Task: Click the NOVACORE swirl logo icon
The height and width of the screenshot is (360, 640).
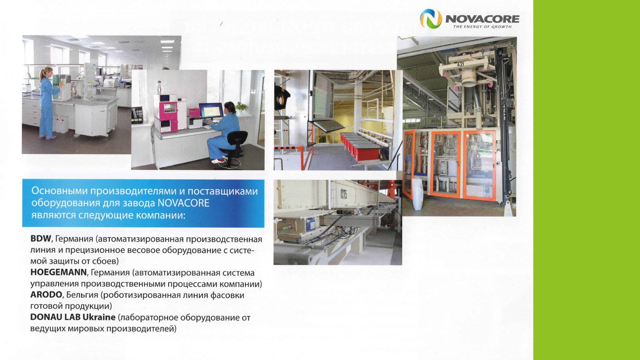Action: pos(430,18)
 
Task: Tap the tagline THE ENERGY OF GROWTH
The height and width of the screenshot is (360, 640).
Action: pos(482,27)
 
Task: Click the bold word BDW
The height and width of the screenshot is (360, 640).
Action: pos(40,239)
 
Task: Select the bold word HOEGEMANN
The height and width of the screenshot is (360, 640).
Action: pos(58,272)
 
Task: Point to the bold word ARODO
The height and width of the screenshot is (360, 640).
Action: pos(46,295)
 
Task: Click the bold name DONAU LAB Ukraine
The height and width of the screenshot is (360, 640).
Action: pos(73,317)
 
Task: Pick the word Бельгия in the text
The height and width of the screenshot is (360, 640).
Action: pos(82,295)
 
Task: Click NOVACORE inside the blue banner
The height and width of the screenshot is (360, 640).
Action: pos(183,203)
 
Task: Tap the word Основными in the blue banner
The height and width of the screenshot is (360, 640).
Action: pos(59,191)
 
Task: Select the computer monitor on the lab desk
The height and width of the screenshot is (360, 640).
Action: pos(211,110)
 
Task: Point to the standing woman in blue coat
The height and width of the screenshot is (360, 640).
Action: pos(47,102)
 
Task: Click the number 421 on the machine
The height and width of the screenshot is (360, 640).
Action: pos(460,64)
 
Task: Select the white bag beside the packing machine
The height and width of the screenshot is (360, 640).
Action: pos(417,194)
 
